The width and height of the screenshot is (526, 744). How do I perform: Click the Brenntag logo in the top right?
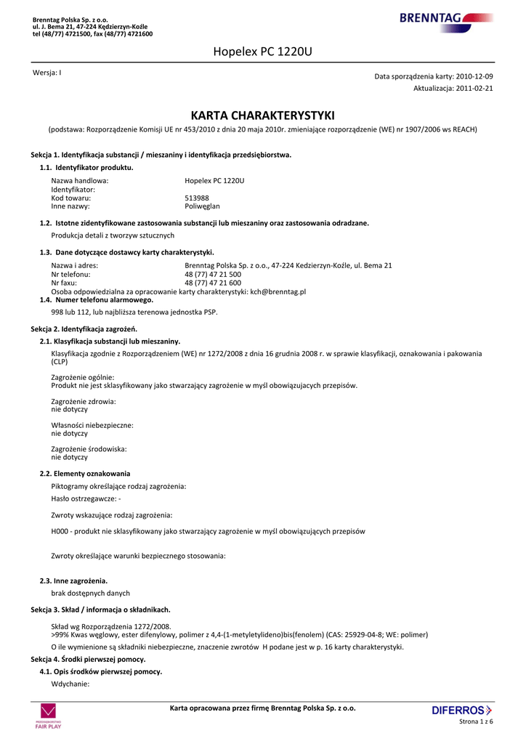(x=445, y=19)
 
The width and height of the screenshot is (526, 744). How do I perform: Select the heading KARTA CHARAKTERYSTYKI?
(x=262, y=116)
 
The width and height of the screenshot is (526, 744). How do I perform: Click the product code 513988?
(x=197, y=198)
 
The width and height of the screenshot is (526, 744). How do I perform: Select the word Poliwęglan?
(x=202, y=206)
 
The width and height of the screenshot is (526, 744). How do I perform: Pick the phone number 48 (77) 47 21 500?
(x=213, y=275)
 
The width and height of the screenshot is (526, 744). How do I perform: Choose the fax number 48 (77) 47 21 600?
(x=213, y=283)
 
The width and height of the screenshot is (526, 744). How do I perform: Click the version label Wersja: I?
(x=47, y=73)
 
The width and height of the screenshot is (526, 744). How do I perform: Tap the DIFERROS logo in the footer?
(x=461, y=710)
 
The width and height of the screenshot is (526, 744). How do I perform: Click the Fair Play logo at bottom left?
(x=48, y=716)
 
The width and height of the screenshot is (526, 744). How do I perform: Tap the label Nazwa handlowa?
(x=79, y=180)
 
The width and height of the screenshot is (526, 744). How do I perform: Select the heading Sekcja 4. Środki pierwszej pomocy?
(x=88, y=659)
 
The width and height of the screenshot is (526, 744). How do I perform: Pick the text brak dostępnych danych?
(x=90, y=593)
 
